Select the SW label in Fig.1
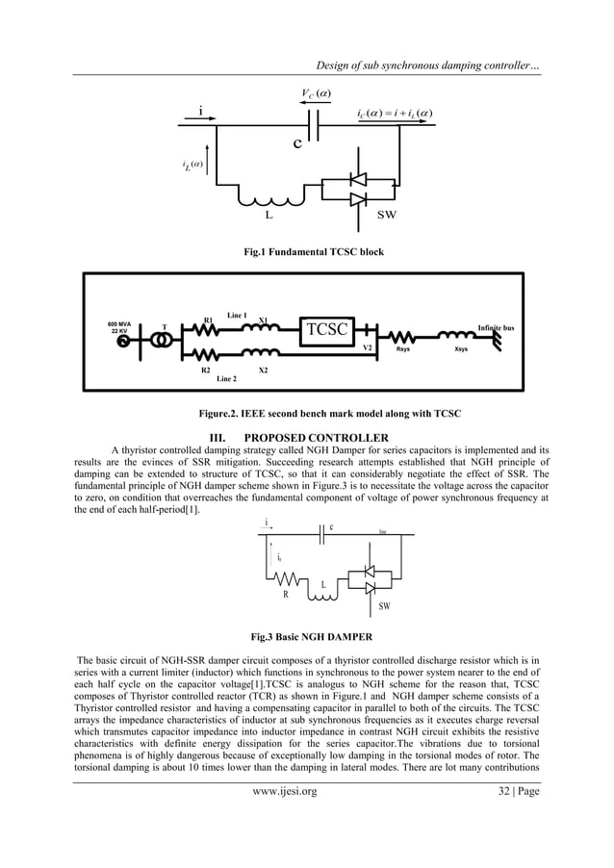[389, 214]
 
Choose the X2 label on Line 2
[263, 370]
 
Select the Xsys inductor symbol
[456, 338]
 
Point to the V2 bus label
[367, 348]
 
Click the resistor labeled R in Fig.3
[286, 580]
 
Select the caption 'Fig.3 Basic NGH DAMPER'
[306, 636]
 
